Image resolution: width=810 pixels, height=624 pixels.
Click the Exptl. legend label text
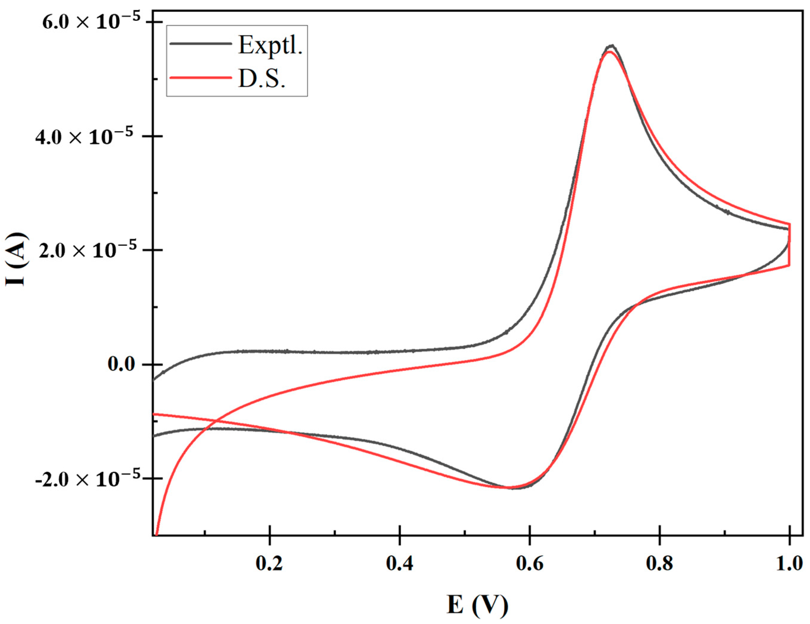pos(270,45)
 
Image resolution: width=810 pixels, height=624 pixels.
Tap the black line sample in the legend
pos(200,43)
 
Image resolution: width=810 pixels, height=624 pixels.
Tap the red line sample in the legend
pos(200,77)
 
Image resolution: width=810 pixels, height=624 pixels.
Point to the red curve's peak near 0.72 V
pos(608,52)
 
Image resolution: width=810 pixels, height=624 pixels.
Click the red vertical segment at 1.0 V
pos(789,245)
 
